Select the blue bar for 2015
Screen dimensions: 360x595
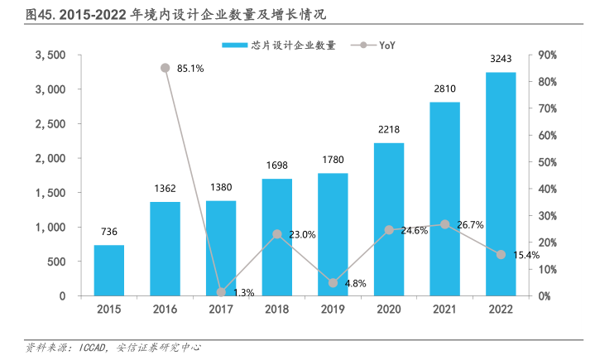108,270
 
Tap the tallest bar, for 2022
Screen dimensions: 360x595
501,184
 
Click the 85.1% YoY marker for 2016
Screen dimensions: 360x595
165,68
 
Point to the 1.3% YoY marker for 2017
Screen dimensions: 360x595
221,292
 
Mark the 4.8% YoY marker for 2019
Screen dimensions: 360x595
333,283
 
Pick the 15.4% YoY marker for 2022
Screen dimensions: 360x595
501,255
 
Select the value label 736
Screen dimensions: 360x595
108,233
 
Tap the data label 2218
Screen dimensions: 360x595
389,130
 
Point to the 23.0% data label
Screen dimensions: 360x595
302,235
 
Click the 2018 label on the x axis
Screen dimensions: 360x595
277,309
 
